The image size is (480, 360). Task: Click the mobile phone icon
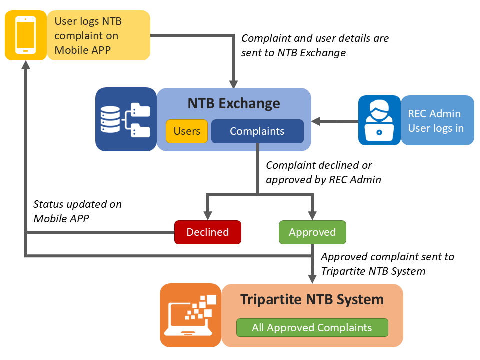(26, 35)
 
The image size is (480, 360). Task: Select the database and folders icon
(126, 119)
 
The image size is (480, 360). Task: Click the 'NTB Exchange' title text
(234, 103)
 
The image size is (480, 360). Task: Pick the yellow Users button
(187, 131)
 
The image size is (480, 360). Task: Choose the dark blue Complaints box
(257, 131)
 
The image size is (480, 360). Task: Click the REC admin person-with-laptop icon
(379, 120)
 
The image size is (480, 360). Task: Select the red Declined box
(207, 232)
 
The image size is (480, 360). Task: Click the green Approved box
(312, 232)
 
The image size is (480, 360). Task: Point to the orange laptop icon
(190, 315)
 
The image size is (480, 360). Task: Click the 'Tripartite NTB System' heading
(312, 299)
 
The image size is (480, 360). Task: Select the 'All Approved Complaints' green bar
(312, 328)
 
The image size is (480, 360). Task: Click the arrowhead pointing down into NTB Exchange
(233, 82)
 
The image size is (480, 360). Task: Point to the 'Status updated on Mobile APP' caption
(77, 211)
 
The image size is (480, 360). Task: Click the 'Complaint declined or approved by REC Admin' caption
(323, 172)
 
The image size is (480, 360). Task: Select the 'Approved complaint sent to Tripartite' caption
(387, 264)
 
